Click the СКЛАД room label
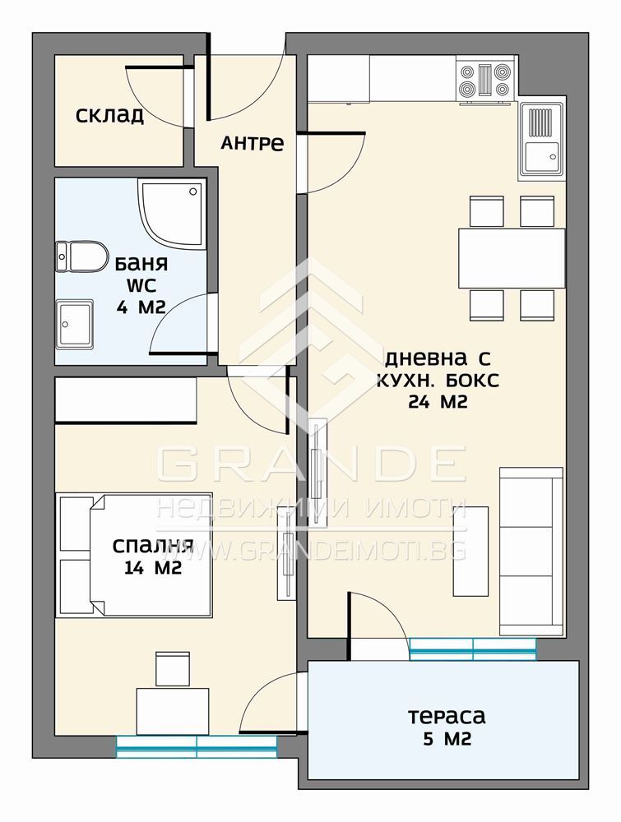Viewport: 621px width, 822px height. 109,115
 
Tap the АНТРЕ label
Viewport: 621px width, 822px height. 253,142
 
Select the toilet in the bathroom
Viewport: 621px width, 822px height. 81,256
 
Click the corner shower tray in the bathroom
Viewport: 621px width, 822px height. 171,213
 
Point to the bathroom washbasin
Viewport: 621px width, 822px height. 75,325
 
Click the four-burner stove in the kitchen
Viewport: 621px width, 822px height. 484,81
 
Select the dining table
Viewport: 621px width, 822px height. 512,258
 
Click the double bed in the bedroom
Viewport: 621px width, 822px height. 134,555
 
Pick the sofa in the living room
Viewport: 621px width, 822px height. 531,552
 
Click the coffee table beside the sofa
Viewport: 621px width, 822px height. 470,551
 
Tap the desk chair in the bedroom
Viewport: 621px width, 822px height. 173,668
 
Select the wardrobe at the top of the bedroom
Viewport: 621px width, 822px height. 126,400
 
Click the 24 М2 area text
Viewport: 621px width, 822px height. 438,402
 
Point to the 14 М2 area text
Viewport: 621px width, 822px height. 153,567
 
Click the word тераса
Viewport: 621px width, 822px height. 447,716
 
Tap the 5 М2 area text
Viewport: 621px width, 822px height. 447,739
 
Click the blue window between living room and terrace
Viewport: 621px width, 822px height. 473,649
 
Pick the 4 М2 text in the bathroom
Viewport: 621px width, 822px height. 141,307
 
